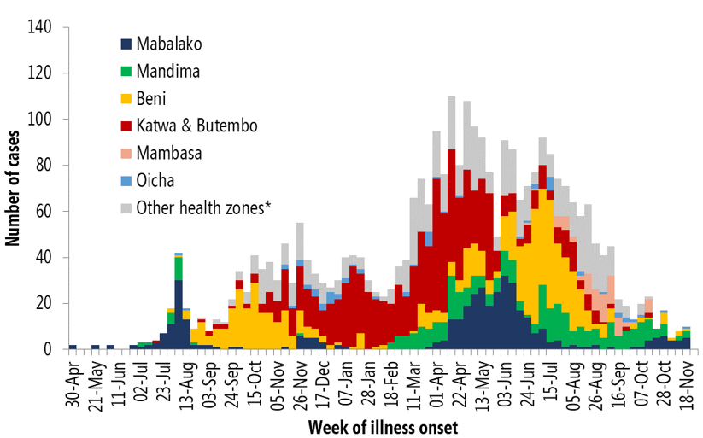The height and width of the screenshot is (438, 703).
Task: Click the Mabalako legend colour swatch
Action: [126, 43]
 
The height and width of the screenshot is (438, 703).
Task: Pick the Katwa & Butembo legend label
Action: [197, 126]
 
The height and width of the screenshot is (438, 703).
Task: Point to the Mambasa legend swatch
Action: [126, 153]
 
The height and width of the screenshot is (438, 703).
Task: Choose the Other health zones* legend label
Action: [204, 207]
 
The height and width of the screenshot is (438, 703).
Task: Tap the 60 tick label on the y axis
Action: [45, 212]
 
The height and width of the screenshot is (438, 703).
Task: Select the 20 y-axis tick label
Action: [45, 304]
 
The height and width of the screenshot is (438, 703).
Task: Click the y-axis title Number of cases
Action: [14, 188]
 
